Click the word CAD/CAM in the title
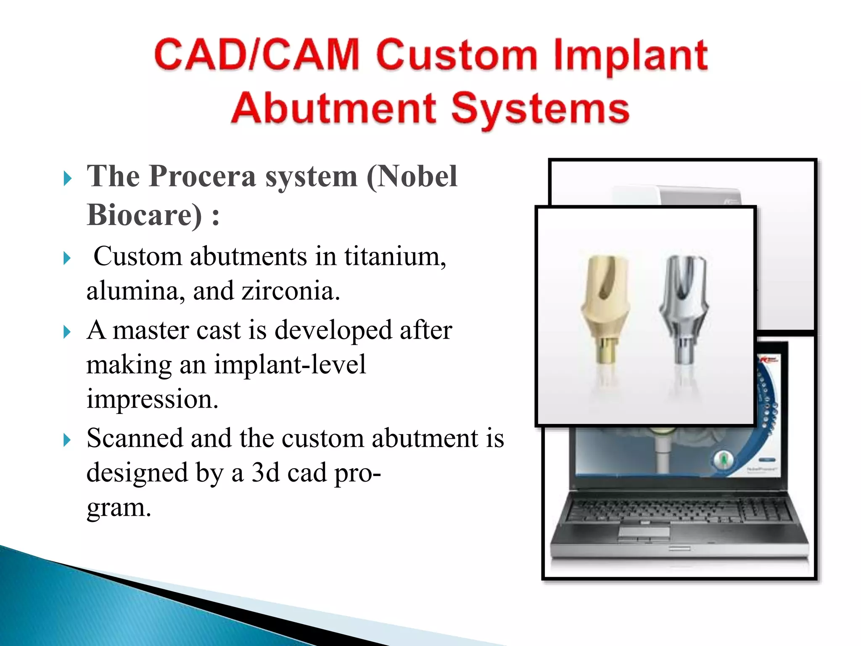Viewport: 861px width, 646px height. [256, 55]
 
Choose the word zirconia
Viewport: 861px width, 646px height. [291, 291]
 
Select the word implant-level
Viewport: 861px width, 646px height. [290, 364]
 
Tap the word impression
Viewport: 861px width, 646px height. [152, 399]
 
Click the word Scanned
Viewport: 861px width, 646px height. [134, 438]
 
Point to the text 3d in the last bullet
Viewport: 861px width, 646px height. [265, 473]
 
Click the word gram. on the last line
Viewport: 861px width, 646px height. [119, 507]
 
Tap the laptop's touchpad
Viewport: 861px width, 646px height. [644, 532]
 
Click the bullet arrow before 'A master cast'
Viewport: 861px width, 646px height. [67, 332]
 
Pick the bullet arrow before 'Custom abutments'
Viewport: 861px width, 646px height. [67, 258]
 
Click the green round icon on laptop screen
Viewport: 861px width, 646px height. [724, 459]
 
